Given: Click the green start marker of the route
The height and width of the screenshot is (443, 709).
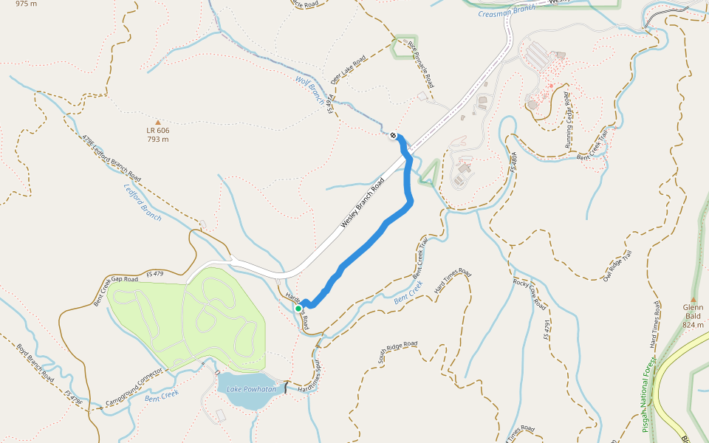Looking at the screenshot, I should pyautogui.click(x=298, y=309).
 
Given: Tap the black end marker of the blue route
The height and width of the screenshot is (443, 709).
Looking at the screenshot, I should pyautogui.click(x=393, y=135).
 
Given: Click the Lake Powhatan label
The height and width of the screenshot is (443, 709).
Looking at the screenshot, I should pyautogui.click(x=251, y=389).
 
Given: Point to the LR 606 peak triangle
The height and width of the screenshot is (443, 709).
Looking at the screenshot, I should pyautogui.click(x=157, y=123).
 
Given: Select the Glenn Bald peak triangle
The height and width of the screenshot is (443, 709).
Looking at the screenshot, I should pyautogui.click(x=693, y=299).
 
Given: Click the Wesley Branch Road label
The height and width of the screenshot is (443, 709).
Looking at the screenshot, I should pyautogui.click(x=363, y=202).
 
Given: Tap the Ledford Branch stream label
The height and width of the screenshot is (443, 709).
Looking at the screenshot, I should pyautogui.click(x=141, y=202).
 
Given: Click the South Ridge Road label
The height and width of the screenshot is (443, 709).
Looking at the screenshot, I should pyautogui.click(x=398, y=353).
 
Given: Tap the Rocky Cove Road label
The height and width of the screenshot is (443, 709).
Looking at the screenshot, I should pyautogui.click(x=530, y=293).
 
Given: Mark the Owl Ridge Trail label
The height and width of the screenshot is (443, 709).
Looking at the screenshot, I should pyautogui.click(x=617, y=266).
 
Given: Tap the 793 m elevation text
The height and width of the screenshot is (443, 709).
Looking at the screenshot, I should pyautogui.click(x=157, y=139).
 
